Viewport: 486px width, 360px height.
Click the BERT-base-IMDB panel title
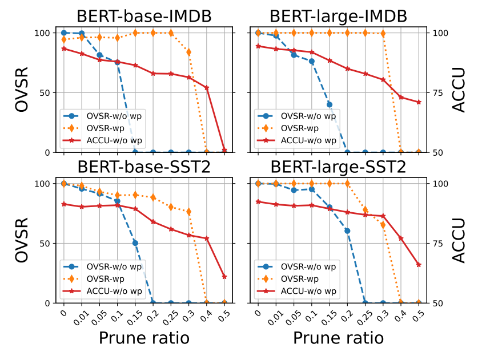click(x=144, y=17)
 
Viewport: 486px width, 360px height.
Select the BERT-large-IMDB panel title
click(x=339, y=17)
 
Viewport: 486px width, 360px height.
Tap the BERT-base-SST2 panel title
click(x=144, y=167)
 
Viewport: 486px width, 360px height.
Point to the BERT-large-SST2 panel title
click(x=339, y=167)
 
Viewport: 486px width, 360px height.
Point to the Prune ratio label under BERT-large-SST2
click(x=339, y=338)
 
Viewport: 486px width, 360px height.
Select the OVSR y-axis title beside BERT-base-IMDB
click(x=22, y=92)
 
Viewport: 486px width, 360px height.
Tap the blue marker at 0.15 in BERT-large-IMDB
click(x=330, y=104)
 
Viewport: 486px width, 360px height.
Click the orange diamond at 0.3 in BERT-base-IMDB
click(x=188, y=52)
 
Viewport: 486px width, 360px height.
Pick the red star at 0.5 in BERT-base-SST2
click(x=224, y=277)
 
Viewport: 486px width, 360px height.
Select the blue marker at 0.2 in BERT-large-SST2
click(x=347, y=231)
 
